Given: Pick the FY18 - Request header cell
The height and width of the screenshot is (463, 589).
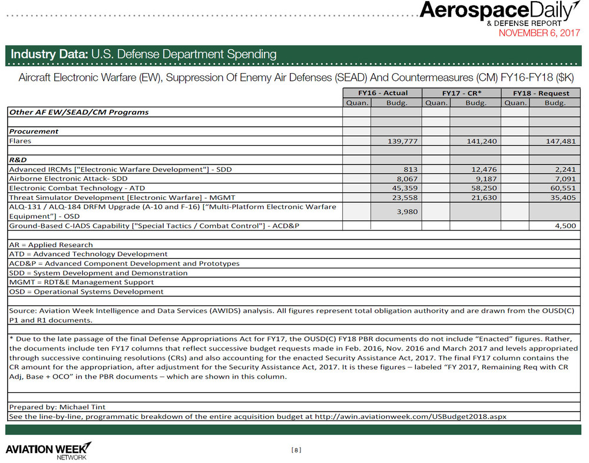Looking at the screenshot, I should click(x=541, y=93).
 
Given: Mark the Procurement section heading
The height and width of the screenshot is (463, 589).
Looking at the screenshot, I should click(x=34, y=131).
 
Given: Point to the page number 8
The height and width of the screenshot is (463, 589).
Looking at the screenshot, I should click(x=296, y=450).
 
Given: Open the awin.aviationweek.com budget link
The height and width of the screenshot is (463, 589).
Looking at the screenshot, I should click(x=411, y=416).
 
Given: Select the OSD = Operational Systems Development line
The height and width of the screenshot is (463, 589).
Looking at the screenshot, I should click(x=87, y=291).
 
